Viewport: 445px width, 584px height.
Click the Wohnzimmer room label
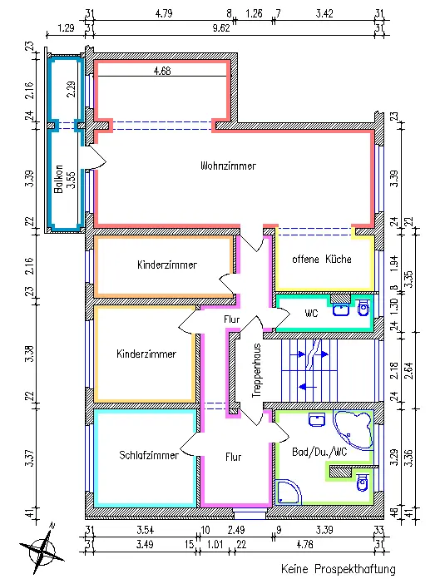[x=228, y=166]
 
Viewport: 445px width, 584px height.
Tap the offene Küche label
[x=322, y=259]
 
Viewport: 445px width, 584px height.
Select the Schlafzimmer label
[x=149, y=455]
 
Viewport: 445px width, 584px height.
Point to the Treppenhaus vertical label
[x=256, y=370]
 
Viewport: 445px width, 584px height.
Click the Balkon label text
[x=58, y=179]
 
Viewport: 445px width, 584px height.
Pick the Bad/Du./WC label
[x=319, y=453]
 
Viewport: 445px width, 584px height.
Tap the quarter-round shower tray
[x=289, y=492]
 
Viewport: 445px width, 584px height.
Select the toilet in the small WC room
[x=363, y=308]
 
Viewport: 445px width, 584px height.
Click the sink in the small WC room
[x=341, y=309]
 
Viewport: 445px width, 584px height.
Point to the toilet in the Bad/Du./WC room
[x=362, y=483]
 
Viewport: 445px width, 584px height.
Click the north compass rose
[x=42, y=548]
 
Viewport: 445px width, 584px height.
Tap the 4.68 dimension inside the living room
[x=163, y=71]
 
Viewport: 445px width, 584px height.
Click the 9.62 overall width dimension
[x=221, y=28]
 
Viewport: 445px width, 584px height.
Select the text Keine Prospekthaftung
[x=339, y=569]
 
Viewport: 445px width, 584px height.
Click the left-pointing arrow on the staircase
[x=308, y=387]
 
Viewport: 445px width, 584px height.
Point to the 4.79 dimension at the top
[x=164, y=14]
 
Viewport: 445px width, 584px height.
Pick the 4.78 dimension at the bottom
[x=304, y=545]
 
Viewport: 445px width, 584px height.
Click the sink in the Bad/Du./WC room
[x=317, y=419]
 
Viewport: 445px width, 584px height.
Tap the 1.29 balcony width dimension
[x=66, y=28]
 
